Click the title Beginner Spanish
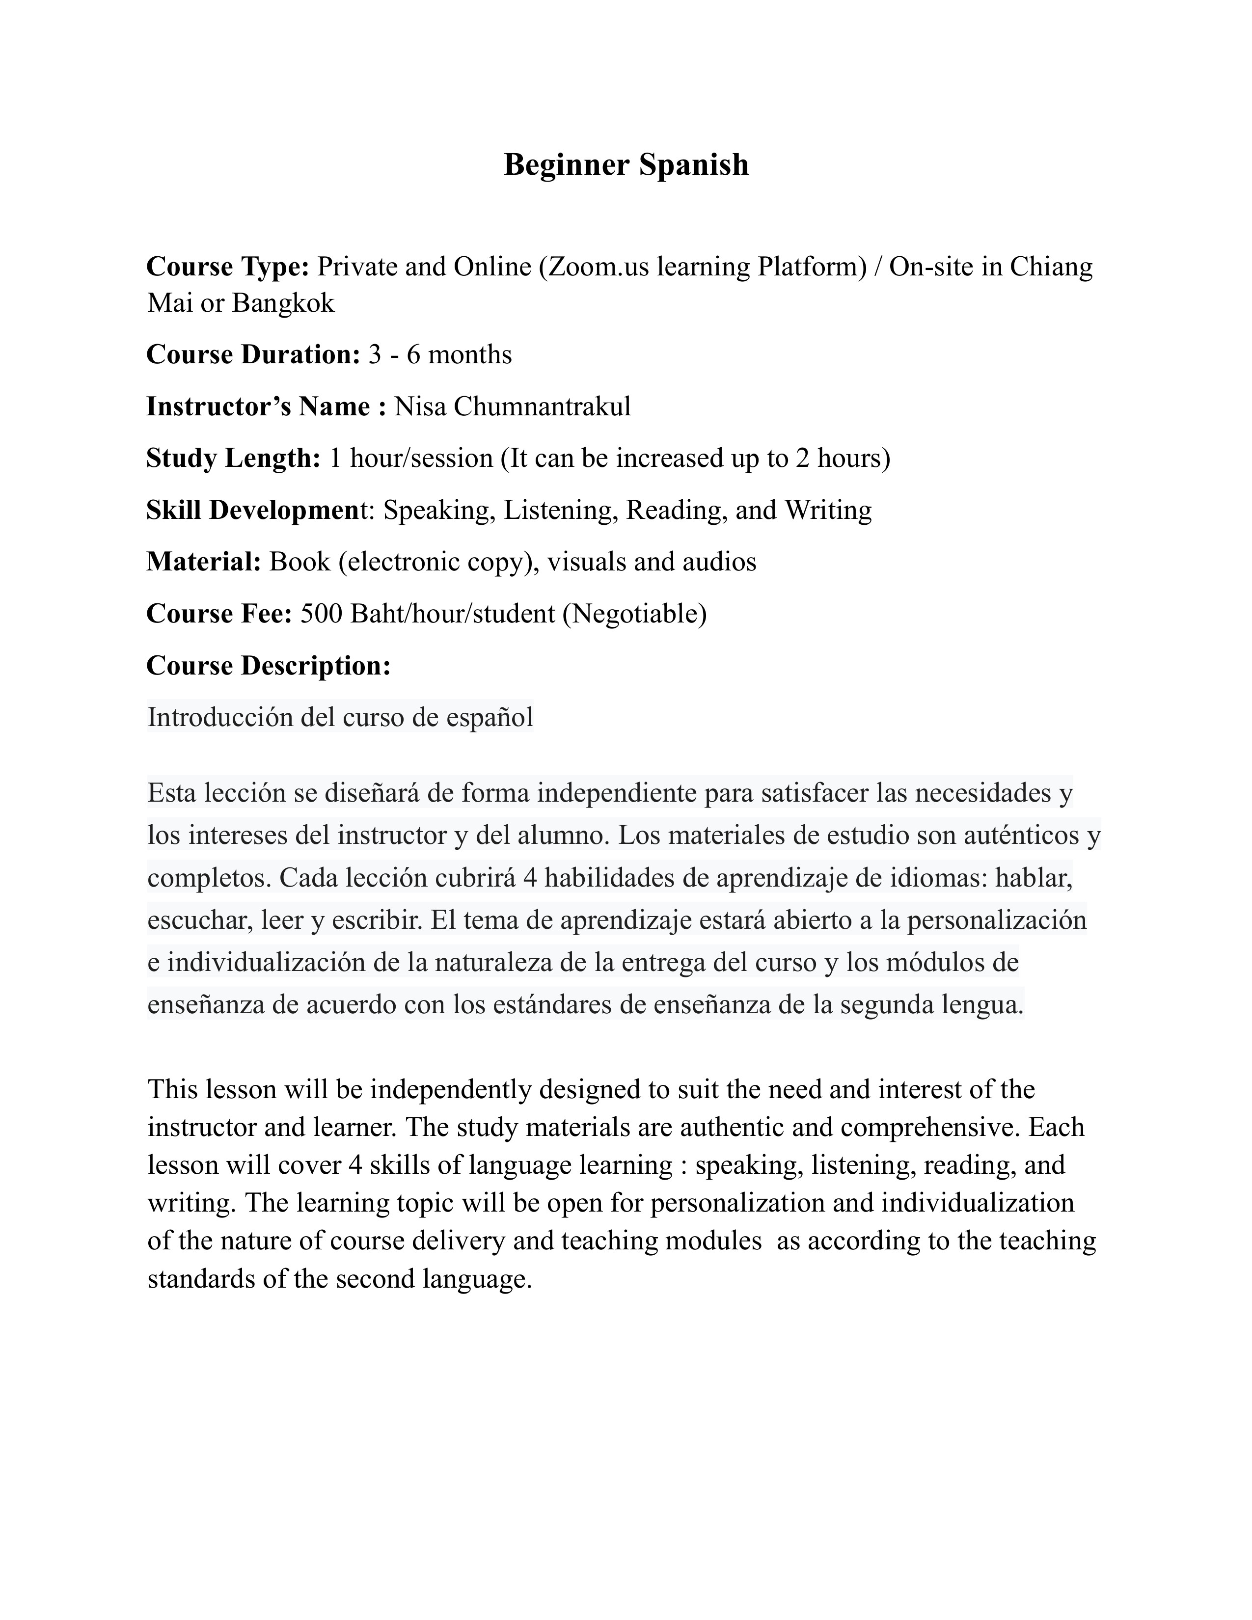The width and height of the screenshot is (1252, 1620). (626, 164)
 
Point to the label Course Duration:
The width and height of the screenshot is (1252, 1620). (253, 354)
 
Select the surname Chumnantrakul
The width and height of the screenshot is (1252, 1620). (542, 406)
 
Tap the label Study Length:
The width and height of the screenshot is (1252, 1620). (233, 459)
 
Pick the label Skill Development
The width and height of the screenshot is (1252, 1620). (253, 511)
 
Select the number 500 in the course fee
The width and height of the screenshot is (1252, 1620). (321, 614)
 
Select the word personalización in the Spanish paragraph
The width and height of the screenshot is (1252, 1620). (996, 920)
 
